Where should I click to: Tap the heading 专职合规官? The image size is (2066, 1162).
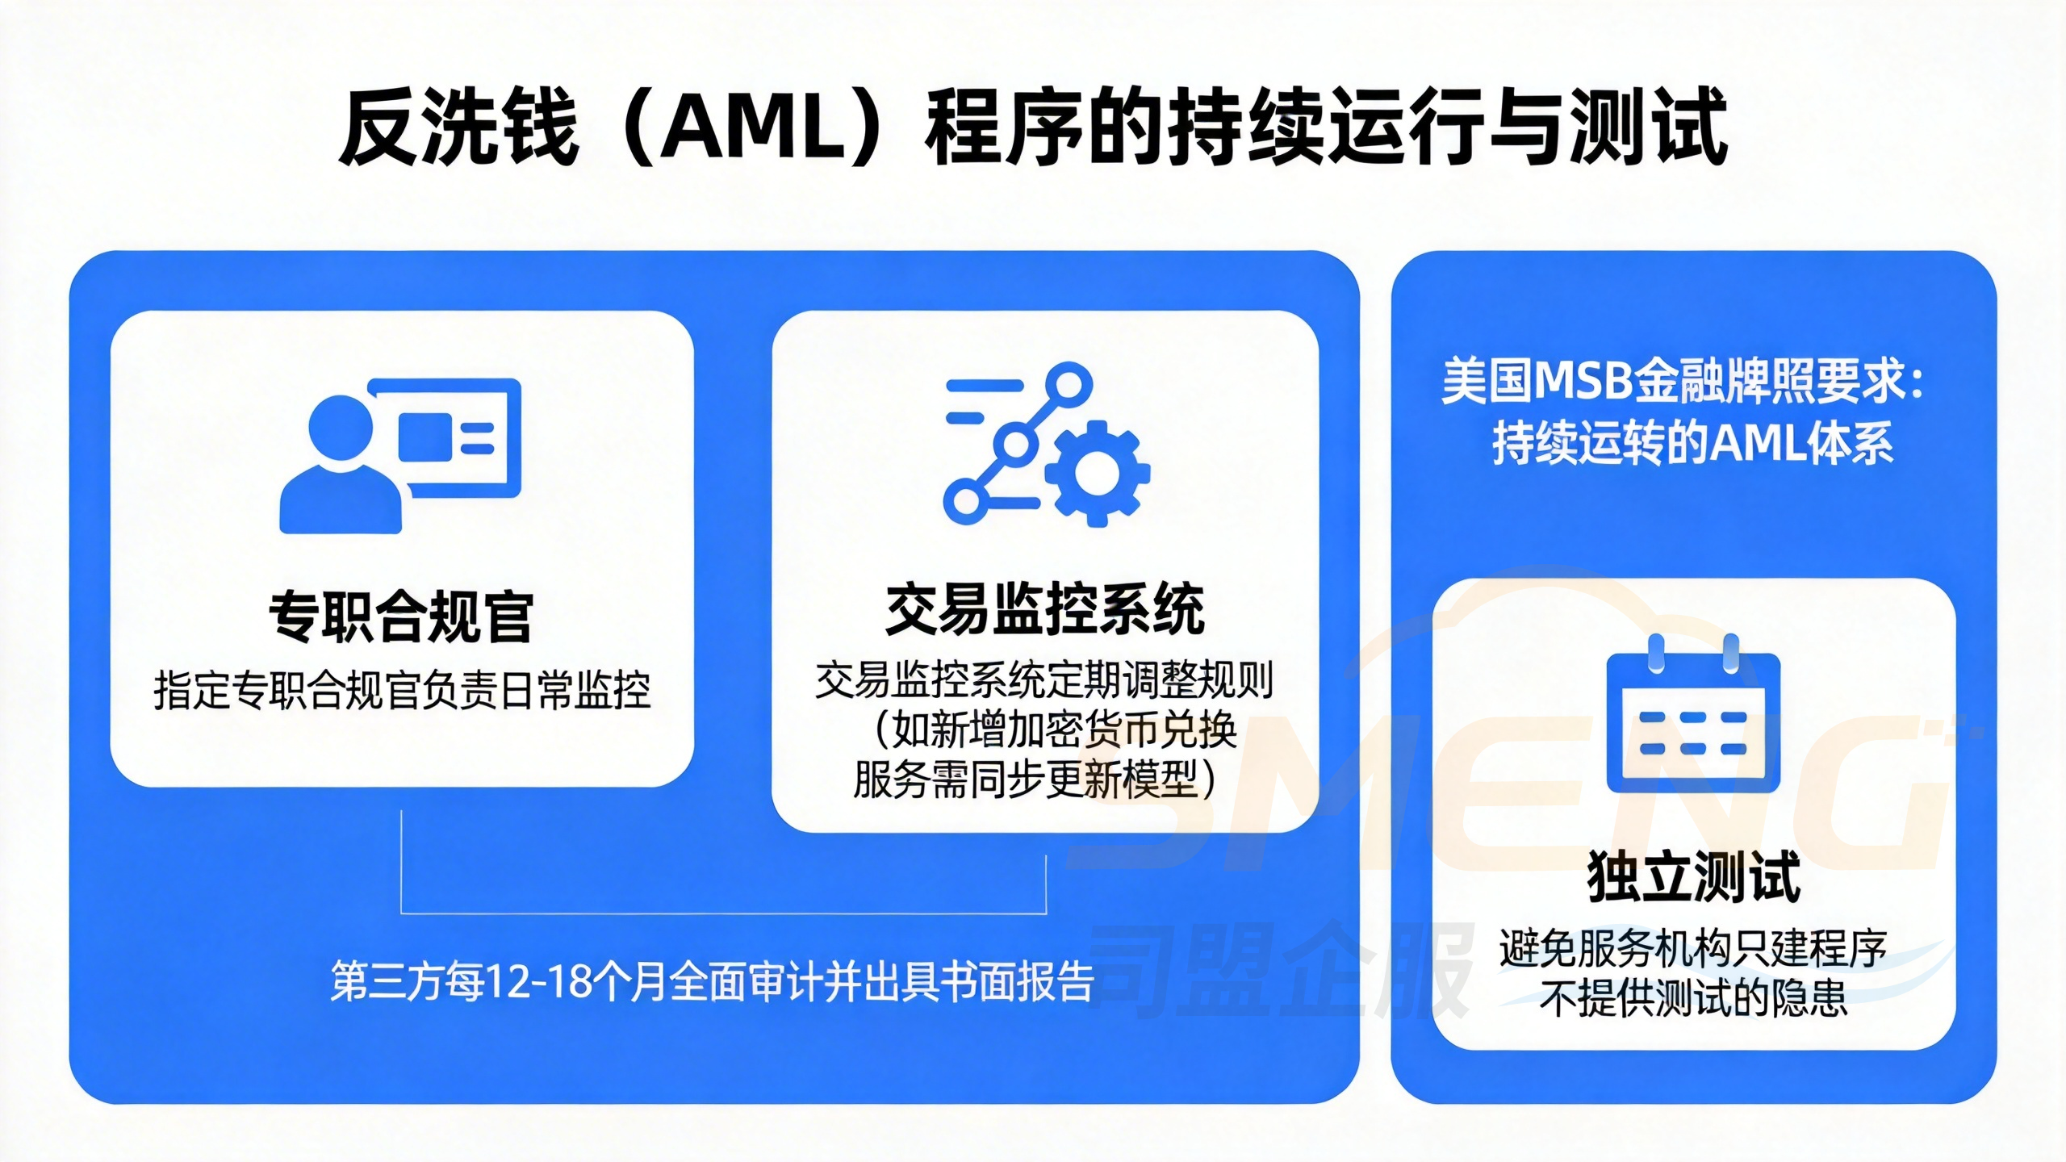401,617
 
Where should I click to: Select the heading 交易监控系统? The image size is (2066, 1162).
1045,609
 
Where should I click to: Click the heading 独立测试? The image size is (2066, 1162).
1693,877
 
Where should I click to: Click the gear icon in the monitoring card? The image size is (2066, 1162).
1098,474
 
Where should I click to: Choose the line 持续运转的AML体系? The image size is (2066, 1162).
1693,443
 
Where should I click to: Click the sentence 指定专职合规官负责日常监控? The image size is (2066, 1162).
402,691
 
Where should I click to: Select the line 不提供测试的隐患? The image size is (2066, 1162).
1693,999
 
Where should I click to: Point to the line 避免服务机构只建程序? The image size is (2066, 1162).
1693,949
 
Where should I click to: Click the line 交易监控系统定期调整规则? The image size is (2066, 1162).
1044,680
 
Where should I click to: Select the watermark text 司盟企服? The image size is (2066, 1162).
1279,972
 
